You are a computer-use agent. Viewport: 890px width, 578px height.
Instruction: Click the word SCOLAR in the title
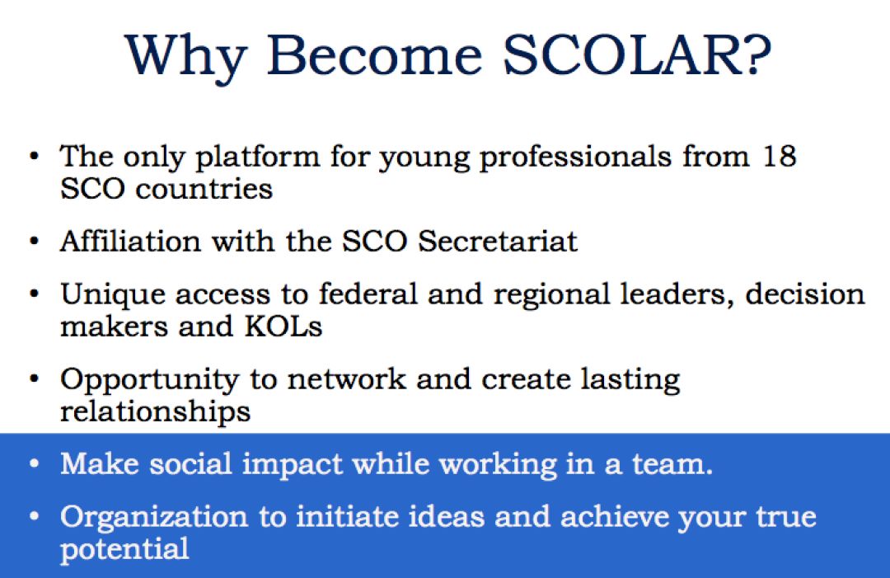(622, 54)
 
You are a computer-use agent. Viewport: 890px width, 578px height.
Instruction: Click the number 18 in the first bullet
(780, 155)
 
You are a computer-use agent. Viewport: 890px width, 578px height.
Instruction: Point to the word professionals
(575, 157)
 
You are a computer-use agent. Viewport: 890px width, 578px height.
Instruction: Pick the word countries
(204, 189)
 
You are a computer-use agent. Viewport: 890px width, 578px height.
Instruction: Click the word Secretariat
(497, 242)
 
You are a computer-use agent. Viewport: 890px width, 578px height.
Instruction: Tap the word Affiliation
(130, 241)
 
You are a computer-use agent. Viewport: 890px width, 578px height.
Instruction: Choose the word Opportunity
(149, 381)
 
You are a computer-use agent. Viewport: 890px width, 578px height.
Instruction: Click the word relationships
(155, 412)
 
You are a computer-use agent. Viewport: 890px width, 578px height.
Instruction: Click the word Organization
(154, 518)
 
